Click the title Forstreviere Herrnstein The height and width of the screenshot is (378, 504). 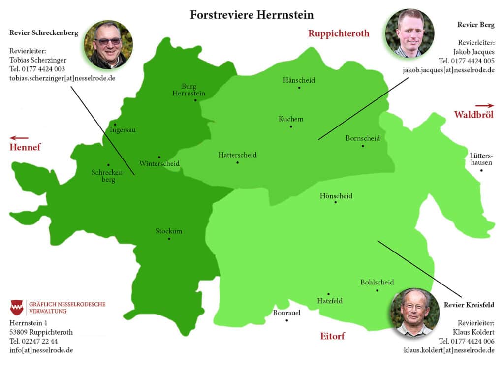point(252,15)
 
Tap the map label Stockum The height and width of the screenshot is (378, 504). point(169,231)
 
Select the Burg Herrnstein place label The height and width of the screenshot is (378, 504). point(189,90)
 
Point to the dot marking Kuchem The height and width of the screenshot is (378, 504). point(291,126)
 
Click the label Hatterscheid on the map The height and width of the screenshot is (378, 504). point(237,155)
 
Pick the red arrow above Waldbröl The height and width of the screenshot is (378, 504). point(484,105)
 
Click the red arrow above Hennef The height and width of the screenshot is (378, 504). point(19,138)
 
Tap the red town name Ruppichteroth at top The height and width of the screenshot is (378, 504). point(339,33)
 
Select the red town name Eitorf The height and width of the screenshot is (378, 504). point(332,336)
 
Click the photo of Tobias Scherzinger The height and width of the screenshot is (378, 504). point(108,45)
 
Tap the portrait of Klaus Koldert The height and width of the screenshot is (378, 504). point(414,312)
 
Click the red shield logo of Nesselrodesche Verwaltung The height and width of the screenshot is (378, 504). point(17,307)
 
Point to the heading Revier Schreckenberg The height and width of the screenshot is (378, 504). point(44,33)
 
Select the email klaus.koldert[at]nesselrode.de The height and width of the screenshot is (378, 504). point(449,350)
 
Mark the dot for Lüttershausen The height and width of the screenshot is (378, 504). point(481,171)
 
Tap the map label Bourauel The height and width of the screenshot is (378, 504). point(286,313)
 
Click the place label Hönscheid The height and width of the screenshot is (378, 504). point(336,196)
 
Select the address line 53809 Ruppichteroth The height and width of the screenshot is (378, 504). point(41,332)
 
